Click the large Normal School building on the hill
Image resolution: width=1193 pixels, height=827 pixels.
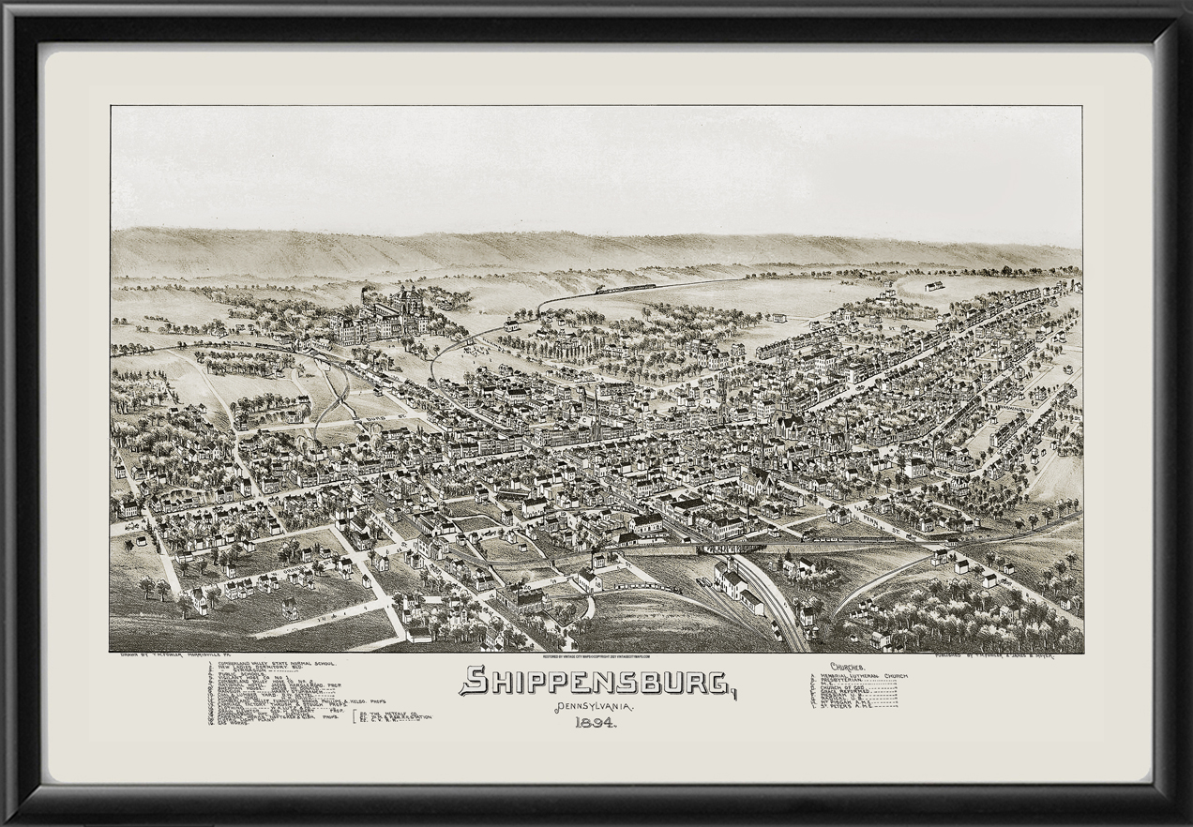coord(375,319)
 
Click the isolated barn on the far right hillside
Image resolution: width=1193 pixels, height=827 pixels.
coord(932,286)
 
